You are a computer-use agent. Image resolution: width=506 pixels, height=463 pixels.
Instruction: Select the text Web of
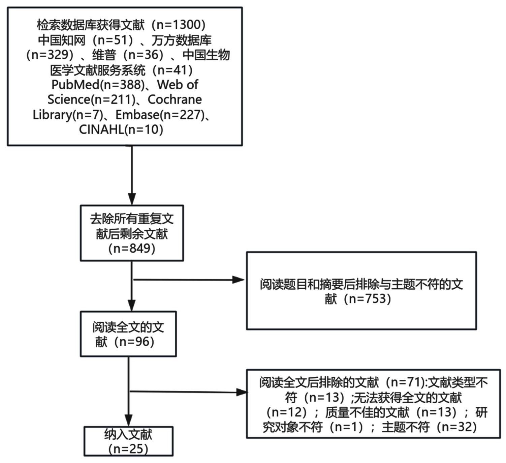178,85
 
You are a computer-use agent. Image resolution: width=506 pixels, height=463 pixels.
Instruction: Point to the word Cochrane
175,99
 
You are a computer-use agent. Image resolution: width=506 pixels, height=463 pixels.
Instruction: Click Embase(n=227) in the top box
160,115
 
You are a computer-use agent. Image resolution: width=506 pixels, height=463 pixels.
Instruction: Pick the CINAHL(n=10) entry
121,129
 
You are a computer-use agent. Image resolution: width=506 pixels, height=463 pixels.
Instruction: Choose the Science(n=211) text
91,99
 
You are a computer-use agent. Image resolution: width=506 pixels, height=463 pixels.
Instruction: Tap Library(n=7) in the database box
67,115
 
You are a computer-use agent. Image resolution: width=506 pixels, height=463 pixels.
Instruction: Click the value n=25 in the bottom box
128,449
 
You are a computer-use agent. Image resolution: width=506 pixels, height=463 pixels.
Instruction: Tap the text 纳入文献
128,435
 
